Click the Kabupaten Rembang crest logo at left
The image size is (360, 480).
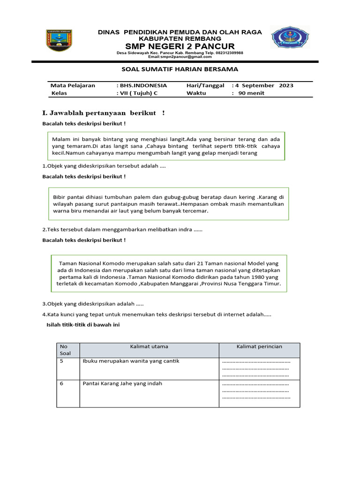point(60,41)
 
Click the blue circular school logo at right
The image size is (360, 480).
point(290,38)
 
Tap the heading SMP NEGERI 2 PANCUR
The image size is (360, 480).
point(180,46)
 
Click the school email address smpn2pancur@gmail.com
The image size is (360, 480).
point(180,57)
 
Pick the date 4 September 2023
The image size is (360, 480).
point(264,85)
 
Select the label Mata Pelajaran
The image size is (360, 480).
point(73,85)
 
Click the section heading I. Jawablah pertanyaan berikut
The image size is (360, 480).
point(103,113)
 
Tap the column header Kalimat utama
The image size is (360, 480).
point(149,346)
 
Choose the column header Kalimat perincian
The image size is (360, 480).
point(259,346)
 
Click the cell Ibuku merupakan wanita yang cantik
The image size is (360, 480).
point(131,361)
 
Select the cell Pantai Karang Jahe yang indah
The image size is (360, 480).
point(122,383)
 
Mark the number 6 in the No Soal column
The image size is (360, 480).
point(61,383)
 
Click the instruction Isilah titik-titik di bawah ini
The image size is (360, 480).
point(82,324)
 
